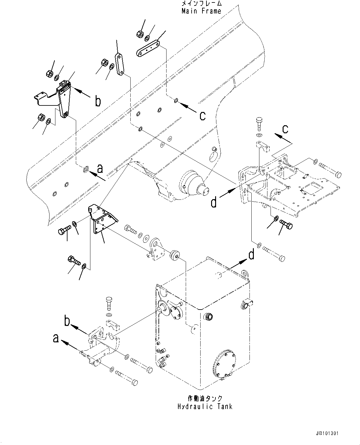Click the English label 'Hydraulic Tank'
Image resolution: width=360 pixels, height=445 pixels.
click(205, 406)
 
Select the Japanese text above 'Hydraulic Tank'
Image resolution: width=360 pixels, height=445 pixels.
click(205, 398)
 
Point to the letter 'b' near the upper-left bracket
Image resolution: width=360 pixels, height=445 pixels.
click(98, 101)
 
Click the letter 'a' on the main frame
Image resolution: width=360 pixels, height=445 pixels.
click(100, 169)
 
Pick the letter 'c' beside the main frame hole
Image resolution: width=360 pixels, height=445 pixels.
click(202, 116)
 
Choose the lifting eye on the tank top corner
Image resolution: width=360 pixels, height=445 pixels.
click(245, 274)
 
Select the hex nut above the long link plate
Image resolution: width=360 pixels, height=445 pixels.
click(139, 34)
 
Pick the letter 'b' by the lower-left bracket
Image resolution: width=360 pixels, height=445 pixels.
click(67, 322)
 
